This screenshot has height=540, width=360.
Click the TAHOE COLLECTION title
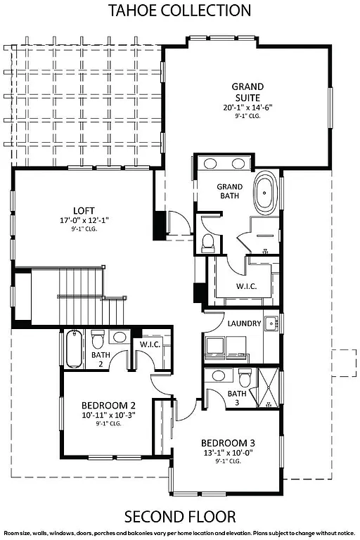coord(180,10)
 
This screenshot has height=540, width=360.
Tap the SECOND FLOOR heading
coord(180,517)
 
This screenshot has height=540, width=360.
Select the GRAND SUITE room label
coord(247,92)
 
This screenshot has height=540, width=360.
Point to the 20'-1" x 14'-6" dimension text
coord(247,108)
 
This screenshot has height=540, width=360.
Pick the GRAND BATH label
coord(229,191)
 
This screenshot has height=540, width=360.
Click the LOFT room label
coord(84,210)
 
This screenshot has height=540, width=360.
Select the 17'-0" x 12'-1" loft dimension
coord(84,221)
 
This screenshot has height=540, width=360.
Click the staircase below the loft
coord(81,295)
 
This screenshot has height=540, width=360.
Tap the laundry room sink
coord(271,324)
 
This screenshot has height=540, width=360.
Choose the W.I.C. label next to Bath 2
coord(150,345)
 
